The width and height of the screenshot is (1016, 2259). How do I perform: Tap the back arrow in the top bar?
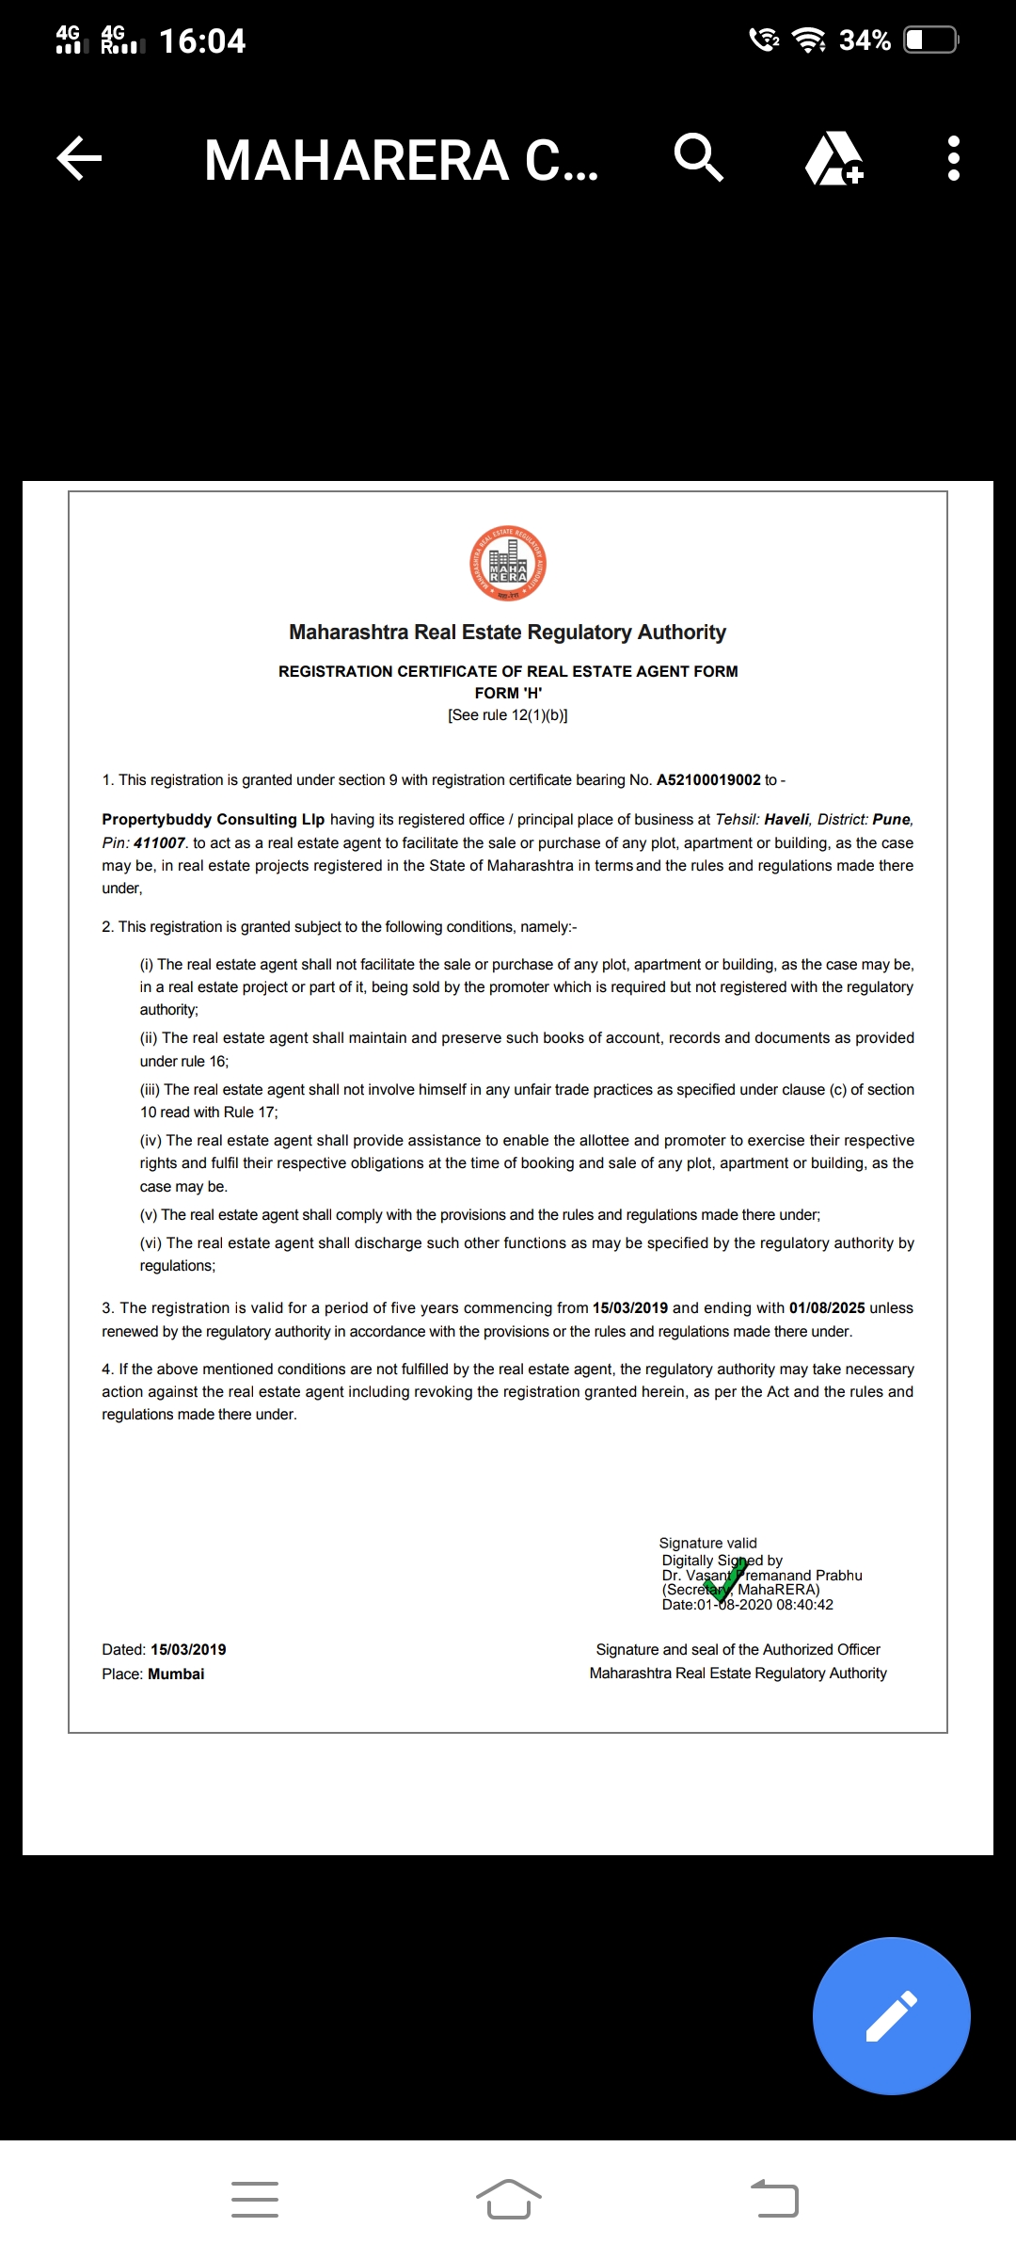(x=79, y=158)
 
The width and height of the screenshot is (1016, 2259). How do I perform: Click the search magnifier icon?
(x=699, y=157)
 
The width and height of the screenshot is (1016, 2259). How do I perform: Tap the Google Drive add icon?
(x=833, y=158)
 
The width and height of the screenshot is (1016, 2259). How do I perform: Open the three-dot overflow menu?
(x=954, y=158)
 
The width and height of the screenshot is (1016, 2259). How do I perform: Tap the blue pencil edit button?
(x=891, y=2016)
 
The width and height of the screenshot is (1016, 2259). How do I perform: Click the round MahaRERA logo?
(x=508, y=564)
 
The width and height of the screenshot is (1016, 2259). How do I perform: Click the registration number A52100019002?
(x=708, y=780)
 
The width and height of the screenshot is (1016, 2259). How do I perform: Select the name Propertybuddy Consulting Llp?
(x=214, y=820)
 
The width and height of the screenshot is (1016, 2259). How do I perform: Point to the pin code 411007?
(x=159, y=843)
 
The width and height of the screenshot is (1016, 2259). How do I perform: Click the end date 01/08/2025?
(x=827, y=1308)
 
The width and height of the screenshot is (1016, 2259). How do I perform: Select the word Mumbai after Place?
(x=176, y=1674)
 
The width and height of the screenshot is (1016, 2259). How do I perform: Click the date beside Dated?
(x=188, y=1650)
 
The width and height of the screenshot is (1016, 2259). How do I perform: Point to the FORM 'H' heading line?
(x=508, y=694)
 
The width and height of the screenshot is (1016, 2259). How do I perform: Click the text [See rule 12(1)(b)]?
(x=508, y=715)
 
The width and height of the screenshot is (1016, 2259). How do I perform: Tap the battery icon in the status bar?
(x=930, y=40)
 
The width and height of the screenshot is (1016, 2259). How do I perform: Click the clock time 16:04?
(x=202, y=41)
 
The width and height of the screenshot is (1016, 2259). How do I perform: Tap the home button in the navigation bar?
(x=508, y=2200)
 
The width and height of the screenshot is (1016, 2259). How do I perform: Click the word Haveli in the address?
(x=786, y=820)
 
